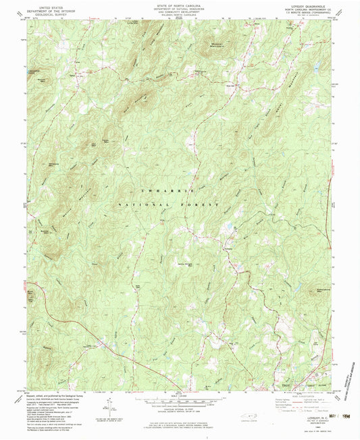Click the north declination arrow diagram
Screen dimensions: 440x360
pyautogui.click(x=107, y=406)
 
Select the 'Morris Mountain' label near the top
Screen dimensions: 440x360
pyautogui.click(x=214, y=47)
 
